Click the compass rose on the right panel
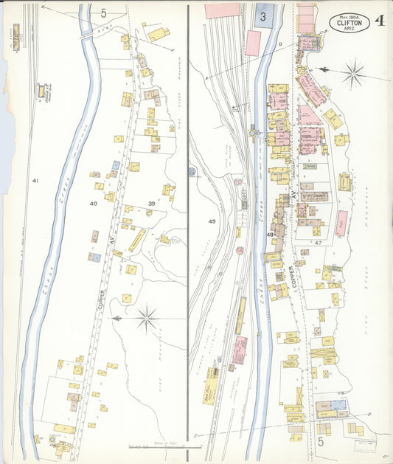pos(354,73)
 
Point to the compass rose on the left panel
pos(148,319)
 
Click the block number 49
pos(212,221)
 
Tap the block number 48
pos(271,235)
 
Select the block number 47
pos(318,242)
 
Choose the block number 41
pos(35,180)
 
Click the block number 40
pos(93,203)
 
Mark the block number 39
pos(151,203)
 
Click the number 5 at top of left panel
pos(103,13)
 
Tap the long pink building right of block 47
pos(341,223)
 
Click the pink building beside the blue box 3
pos(252,43)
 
